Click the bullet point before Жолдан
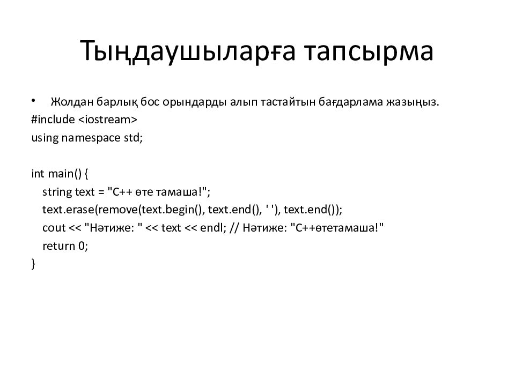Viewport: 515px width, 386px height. [33, 101]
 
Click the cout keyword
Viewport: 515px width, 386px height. [54, 228]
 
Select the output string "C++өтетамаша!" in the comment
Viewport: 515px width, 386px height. [337, 228]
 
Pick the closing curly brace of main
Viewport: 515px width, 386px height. [33, 264]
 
